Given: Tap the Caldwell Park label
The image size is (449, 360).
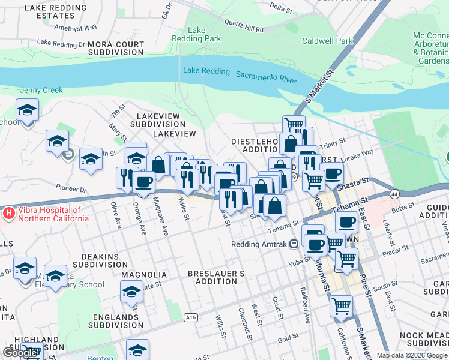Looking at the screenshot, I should point(327,41).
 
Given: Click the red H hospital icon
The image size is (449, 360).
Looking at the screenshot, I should point(8,212).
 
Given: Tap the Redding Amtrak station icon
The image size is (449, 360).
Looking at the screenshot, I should point(294,244).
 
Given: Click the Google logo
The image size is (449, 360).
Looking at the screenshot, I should point(20,353).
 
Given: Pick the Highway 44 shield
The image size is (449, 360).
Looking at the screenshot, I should point(394,194).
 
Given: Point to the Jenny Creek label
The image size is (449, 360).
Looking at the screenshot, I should point(41,90).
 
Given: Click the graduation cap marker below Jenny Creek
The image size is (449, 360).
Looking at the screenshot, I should point(28,111).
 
